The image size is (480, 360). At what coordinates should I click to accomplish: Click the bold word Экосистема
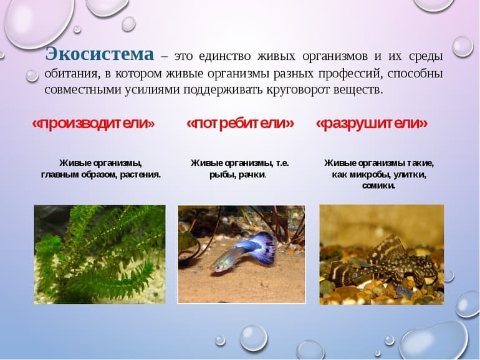(x=100, y=55)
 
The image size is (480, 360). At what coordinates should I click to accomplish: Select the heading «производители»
(x=93, y=124)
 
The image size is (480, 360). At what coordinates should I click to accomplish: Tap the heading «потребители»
(x=240, y=124)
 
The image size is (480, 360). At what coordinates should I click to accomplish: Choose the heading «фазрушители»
(x=372, y=124)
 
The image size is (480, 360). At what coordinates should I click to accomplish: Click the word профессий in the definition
(x=352, y=74)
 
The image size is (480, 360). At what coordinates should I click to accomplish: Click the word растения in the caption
(x=139, y=175)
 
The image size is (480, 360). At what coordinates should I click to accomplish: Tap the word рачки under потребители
(x=253, y=175)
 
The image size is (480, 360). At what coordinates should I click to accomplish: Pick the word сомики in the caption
(x=378, y=186)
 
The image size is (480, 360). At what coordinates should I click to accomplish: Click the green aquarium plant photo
(x=100, y=254)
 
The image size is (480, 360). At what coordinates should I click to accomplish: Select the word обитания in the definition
(x=69, y=74)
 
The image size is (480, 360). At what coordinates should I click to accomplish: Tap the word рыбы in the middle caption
(x=223, y=175)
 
